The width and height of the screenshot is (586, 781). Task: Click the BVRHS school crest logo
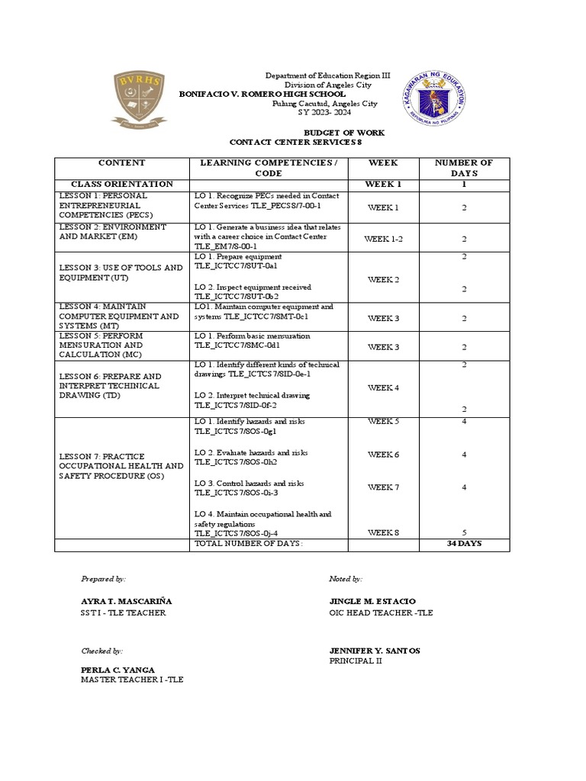137,97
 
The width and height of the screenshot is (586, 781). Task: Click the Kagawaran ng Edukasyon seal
433,96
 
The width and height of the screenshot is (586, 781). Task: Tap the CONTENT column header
121,163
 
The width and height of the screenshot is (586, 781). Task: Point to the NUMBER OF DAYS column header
463,168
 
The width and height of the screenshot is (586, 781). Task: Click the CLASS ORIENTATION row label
121,185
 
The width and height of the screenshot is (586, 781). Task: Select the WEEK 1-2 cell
383,239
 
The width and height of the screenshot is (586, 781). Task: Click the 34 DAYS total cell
464,544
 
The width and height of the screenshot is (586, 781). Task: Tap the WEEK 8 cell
383,532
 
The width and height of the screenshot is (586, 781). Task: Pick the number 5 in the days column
464,532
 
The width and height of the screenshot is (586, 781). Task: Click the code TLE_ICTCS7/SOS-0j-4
236,534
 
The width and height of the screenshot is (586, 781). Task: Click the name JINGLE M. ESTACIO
372,602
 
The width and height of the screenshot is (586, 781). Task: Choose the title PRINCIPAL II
356,661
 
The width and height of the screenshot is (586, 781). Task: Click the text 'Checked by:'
102,651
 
